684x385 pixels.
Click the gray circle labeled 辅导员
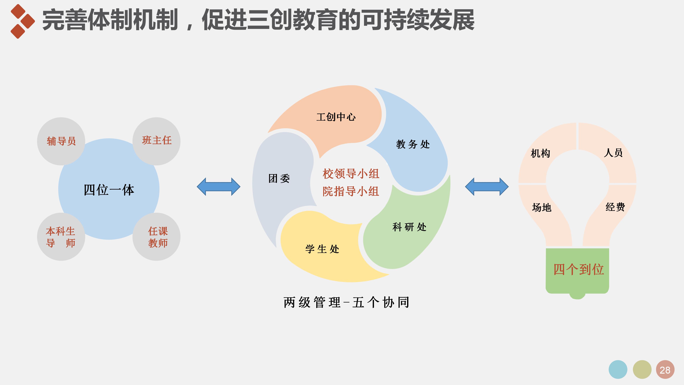pyautogui.click(x=61, y=141)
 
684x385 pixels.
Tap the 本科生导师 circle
pyautogui.click(x=61, y=237)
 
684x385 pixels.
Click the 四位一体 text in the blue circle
pyautogui.click(x=109, y=190)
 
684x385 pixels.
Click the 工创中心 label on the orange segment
pyautogui.click(x=336, y=117)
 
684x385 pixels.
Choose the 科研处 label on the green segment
pyautogui.click(x=409, y=227)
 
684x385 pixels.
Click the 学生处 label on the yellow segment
pyautogui.click(x=322, y=249)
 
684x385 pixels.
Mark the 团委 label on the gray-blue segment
pyautogui.click(x=279, y=178)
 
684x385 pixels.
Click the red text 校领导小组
pyautogui.click(x=351, y=174)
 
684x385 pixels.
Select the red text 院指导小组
pyautogui.click(x=351, y=191)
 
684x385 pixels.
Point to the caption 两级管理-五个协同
pyautogui.click(x=347, y=302)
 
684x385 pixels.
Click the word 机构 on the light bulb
pyautogui.click(x=540, y=153)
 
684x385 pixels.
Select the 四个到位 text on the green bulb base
pyautogui.click(x=579, y=269)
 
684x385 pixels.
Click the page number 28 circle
pyautogui.click(x=665, y=370)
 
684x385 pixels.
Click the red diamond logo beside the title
pyautogui.click(x=22, y=21)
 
